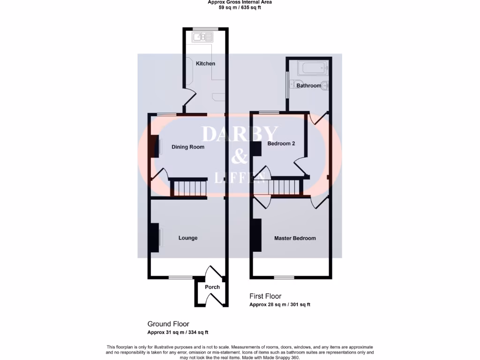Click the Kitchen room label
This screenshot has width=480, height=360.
(206, 64)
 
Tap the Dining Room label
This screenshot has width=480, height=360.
(188, 147)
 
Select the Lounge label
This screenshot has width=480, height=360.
(188, 238)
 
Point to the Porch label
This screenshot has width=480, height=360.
(212, 287)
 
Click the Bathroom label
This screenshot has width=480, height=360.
(308, 86)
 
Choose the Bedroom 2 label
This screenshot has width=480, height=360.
(281, 143)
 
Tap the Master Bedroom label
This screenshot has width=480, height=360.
(295, 238)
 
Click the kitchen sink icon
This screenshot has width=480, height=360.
(202, 36)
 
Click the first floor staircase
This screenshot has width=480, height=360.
(285, 186)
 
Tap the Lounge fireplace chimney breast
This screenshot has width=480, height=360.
(153, 238)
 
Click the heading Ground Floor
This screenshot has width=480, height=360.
(168, 324)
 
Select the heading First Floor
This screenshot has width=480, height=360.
(265, 296)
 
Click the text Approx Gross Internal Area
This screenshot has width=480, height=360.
(240, 2)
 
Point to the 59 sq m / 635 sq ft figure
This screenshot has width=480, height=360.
(240, 8)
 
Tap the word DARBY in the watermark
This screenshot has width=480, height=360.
(240, 135)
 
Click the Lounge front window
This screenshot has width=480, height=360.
(180, 277)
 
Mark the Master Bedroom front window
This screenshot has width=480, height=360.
(284, 277)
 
